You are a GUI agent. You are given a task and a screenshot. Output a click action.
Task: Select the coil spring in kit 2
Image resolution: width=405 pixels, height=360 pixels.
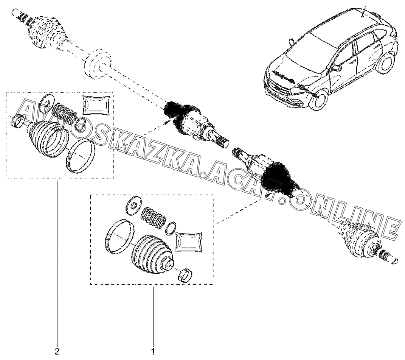(x=65, y=113)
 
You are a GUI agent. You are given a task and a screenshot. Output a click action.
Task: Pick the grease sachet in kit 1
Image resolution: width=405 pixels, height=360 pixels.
(x=189, y=242)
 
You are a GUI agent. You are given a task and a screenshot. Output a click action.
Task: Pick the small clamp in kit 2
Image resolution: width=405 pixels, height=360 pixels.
(x=17, y=121)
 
